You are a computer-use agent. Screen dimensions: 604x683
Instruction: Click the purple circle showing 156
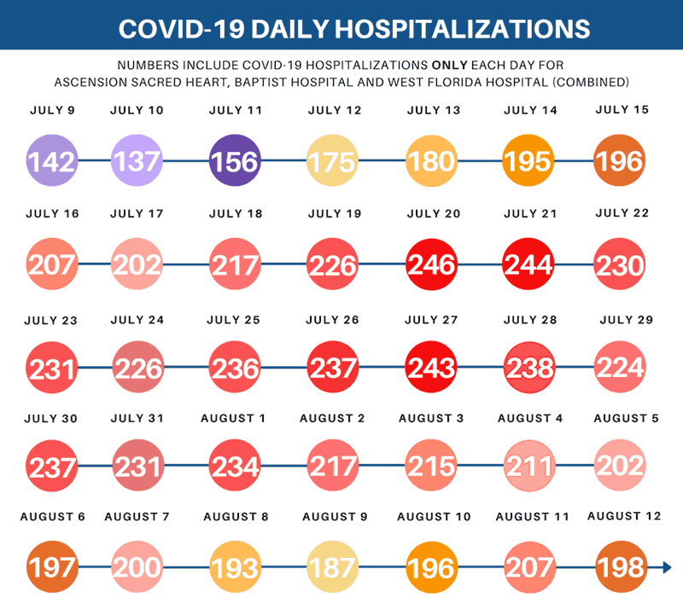click(x=236, y=160)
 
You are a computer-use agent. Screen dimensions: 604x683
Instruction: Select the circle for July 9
click(x=53, y=160)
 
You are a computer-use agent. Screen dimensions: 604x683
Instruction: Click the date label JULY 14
click(x=531, y=110)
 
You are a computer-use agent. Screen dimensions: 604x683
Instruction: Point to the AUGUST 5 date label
click(x=626, y=418)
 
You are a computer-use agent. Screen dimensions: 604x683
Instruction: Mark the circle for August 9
click(x=334, y=567)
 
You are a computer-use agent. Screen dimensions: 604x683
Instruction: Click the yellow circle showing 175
click(x=334, y=160)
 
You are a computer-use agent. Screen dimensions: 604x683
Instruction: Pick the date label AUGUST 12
click(x=625, y=516)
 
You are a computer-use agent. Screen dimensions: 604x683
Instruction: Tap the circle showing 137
click(x=137, y=160)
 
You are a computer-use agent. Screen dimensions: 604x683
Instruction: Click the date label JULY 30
click(x=53, y=418)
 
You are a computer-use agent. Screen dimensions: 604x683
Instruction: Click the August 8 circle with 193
click(x=236, y=567)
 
